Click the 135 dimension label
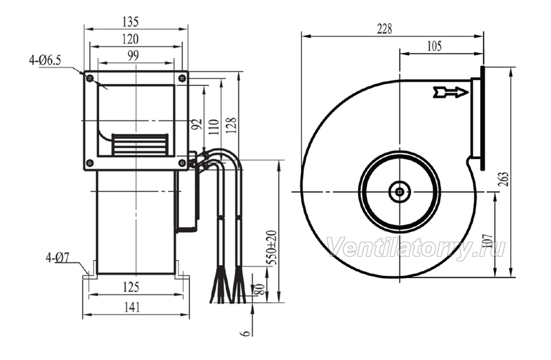coord(130,22)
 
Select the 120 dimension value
coord(130,39)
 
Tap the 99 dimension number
coord(133,55)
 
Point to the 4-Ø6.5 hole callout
coord(45,61)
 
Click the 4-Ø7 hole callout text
coord(57,258)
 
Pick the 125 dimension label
coord(131,287)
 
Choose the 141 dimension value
coord(132,307)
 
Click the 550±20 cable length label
coord(271,248)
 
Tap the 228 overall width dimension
coord(384,29)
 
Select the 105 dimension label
coord(434,46)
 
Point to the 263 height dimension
coord(503,180)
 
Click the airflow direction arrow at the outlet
coord(451,92)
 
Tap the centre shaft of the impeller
coord(400,192)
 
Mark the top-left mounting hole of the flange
coord(90,78)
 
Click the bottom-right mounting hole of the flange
coord(182,162)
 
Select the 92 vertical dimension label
coord(198,124)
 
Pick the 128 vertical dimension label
coord(231,125)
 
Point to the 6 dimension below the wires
coord(247,332)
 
